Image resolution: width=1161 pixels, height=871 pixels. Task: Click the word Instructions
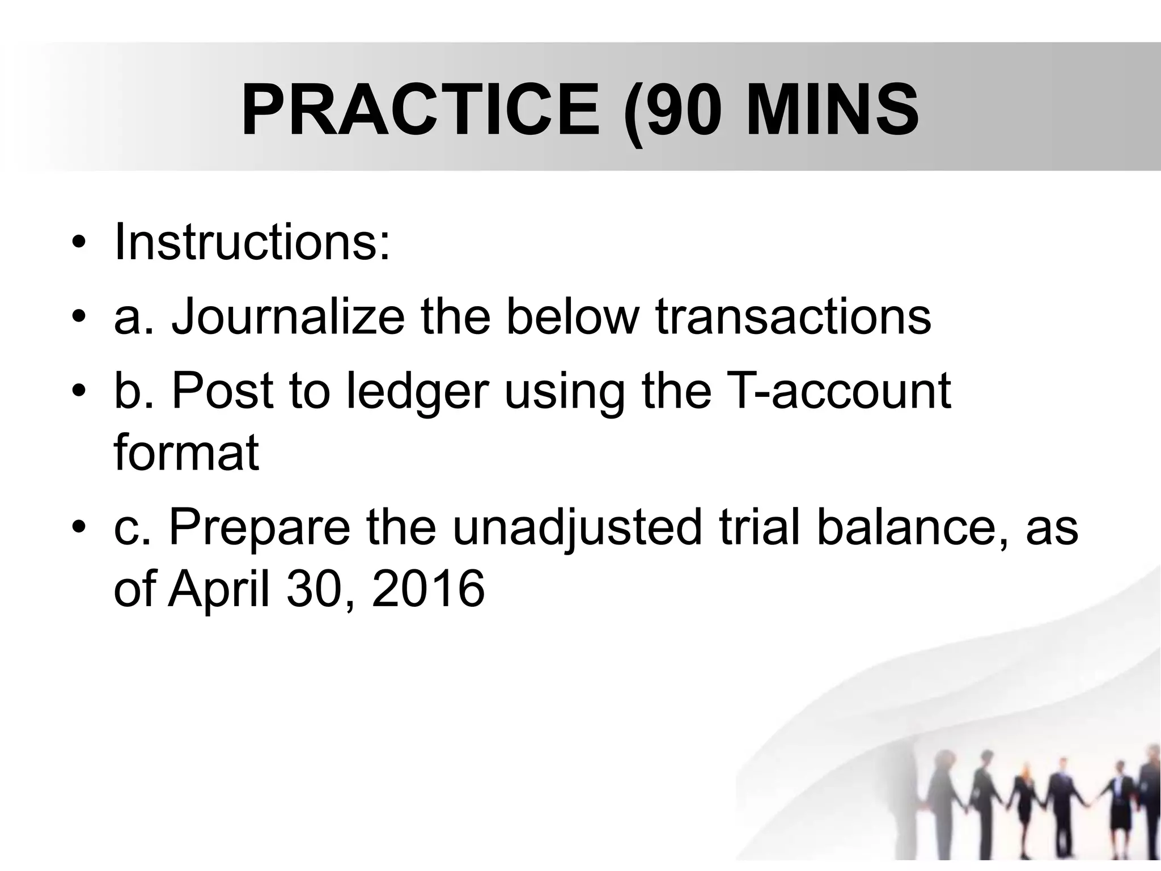(x=252, y=242)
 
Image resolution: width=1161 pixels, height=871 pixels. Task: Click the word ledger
(x=417, y=391)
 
